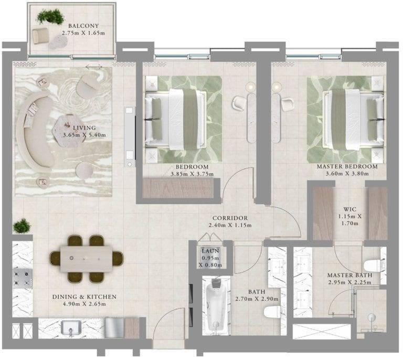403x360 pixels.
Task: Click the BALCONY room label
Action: pyautogui.click(x=83, y=26)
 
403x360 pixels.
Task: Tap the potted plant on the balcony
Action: pyautogui.click(x=50, y=17)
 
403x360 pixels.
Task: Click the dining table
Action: pyautogui.click(x=87, y=259)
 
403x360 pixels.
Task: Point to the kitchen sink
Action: pyautogui.click(x=71, y=328)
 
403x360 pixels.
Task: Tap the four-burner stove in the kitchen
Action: pyautogui.click(x=23, y=278)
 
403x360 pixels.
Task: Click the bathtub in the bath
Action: pyautogui.click(x=216, y=305)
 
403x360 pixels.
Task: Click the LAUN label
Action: pyautogui.click(x=210, y=251)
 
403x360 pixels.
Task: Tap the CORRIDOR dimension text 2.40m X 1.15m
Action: pyautogui.click(x=230, y=225)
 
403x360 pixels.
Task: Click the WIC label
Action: pyautogui.click(x=350, y=209)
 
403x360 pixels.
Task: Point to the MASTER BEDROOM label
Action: pyautogui.click(x=347, y=166)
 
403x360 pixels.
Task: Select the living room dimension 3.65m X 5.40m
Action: pyautogui.click(x=84, y=135)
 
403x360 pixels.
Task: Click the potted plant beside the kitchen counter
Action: pyautogui.click(x=22, y=226)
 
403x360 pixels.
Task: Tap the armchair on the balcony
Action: pyautogui.click(x=40, y=36)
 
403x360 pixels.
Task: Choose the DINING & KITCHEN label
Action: pyautogui.click(x=84, y=297)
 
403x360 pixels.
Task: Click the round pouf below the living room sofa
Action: pyautogui.click(x=84, y=170)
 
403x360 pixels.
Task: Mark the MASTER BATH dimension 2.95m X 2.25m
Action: pyautogui.click(x=349, y=282)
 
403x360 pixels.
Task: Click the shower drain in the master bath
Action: pyautogui.click(x=372, y=316)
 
